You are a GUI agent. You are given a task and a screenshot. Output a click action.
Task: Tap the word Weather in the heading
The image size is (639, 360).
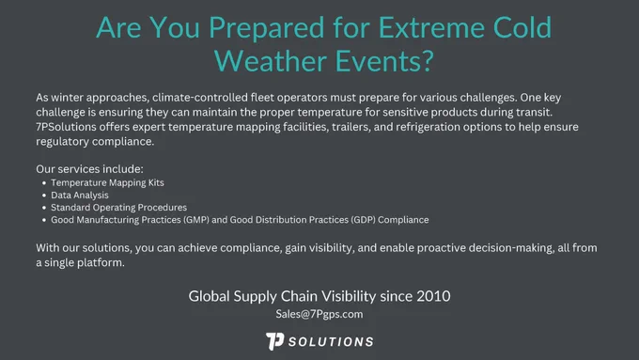tap(271, 61)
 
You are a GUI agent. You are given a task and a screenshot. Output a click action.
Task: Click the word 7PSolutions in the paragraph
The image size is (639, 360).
tap(66, 127)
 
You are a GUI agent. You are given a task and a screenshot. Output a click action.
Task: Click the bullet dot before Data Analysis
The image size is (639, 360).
tap(44, 196)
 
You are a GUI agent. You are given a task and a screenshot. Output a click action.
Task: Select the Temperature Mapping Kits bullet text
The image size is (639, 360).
tap(107, 182)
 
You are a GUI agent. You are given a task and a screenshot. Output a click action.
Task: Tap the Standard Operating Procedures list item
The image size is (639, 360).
tap(119, 208)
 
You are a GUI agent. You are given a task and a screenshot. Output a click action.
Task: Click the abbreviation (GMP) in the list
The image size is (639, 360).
tap(196, 220)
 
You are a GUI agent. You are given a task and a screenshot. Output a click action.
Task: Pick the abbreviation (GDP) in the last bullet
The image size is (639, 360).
tap(363, 220)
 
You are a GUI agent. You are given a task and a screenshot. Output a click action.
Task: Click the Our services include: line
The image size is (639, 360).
tap(89, 169)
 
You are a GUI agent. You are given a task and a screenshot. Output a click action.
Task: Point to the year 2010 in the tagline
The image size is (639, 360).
tap(433, 296)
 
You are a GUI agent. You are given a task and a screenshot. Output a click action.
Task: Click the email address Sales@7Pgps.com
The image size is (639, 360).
tap(319, 314)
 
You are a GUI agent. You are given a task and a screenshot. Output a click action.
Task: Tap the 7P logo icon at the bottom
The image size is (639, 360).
tap(275, 341)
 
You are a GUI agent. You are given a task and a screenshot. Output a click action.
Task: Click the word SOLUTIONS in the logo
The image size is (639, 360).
tap(331, 341)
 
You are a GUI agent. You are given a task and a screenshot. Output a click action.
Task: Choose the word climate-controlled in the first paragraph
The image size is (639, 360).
tap(200, 98)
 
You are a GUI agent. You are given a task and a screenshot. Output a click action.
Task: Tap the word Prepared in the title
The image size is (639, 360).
tap(267, 27)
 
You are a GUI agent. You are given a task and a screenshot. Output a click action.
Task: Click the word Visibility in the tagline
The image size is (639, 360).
tap(350, 296)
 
